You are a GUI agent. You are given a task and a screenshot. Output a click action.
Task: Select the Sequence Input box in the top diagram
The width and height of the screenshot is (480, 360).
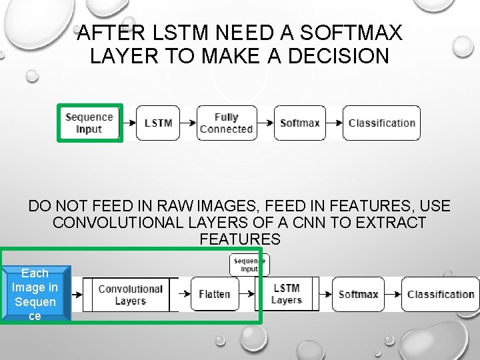pos(89,123)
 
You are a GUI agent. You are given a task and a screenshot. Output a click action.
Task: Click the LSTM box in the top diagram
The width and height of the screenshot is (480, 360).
pos(158,123)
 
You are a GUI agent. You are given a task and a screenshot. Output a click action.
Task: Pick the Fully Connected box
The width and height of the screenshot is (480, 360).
pos(227,123)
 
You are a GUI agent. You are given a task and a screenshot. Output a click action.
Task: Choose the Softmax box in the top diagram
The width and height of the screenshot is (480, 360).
pos(300,123)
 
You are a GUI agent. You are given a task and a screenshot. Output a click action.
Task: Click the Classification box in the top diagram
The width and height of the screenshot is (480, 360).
pos(381,123)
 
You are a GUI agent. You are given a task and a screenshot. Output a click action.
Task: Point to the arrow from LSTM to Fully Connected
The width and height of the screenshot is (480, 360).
pos(188,123)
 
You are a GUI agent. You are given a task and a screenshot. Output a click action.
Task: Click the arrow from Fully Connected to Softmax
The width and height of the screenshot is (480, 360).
pos(265,123)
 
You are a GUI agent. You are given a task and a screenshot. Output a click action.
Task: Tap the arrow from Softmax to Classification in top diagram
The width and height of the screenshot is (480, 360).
pos(335,123)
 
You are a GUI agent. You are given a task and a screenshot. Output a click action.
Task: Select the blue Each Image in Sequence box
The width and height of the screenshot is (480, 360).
pos(35,294)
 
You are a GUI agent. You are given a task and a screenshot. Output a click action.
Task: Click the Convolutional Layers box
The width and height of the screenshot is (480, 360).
pos(130,295)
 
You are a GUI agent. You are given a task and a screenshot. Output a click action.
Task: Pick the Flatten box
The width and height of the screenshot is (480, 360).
pos(214,294)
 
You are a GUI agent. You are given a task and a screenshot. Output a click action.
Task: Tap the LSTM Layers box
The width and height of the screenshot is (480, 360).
pos(287,294)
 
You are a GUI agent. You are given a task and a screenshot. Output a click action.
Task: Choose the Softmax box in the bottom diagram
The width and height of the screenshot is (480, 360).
pos(359,294)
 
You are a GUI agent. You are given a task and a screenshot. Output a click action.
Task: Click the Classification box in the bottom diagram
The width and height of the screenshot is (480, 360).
pos(440,294)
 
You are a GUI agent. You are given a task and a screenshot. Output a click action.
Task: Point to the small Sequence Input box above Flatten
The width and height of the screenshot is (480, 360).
pos(249,265)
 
